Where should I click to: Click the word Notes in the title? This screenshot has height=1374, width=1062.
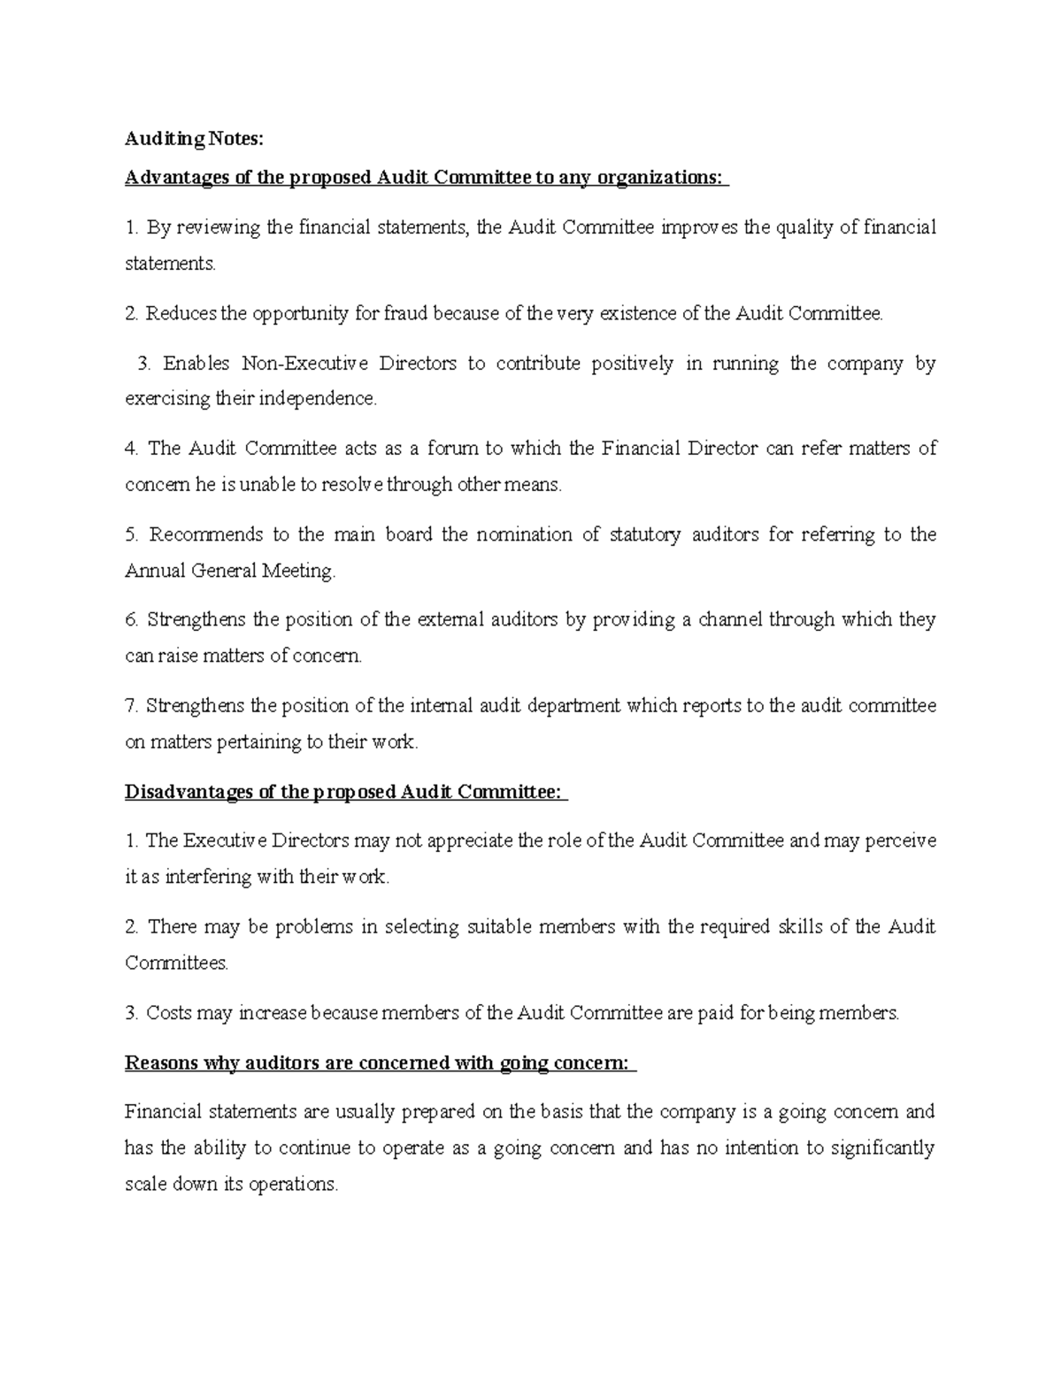coord(236,139)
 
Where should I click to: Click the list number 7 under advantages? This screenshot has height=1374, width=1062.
coord(131,706)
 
